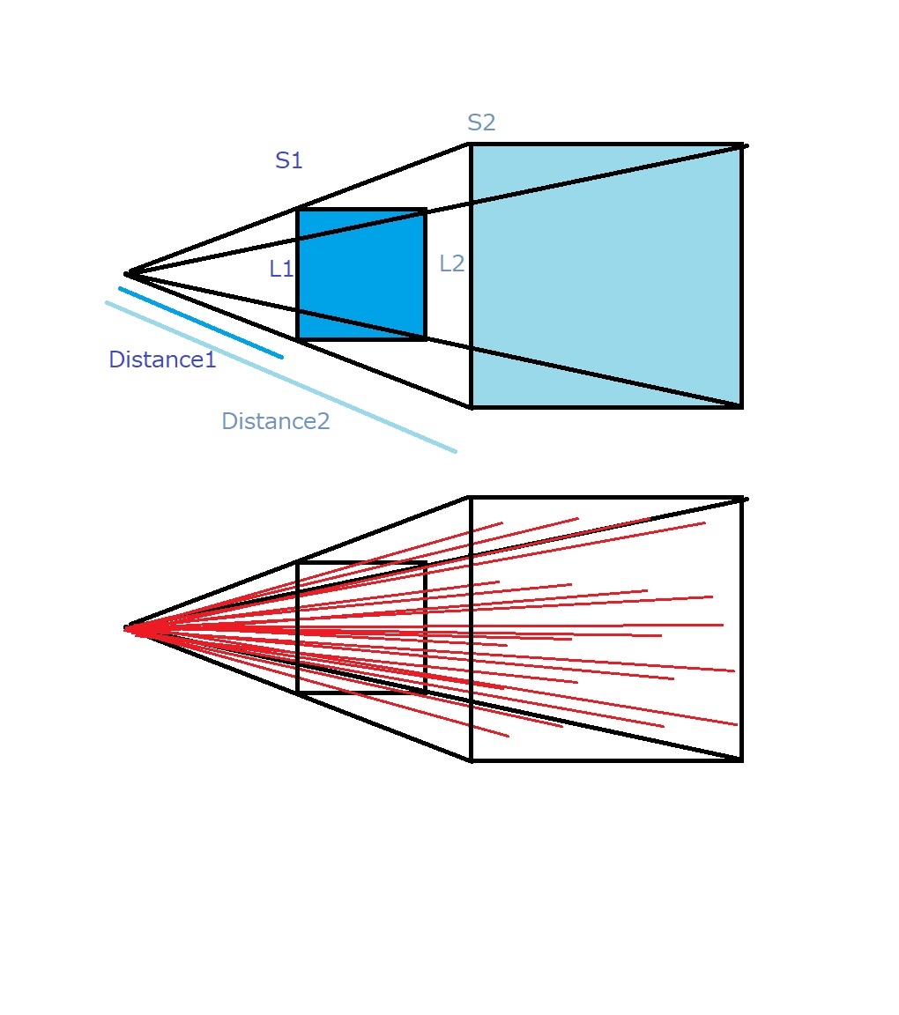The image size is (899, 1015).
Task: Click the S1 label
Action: tap(289, 159)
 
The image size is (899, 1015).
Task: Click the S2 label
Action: tap(481, 122)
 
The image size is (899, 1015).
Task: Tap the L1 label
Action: tap(281, 269)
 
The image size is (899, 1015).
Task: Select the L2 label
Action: tap(452, 263)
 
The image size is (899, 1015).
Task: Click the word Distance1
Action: tap(162, 359)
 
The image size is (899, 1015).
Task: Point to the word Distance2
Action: tap(276, 421)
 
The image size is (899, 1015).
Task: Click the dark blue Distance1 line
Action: tap(201, 322)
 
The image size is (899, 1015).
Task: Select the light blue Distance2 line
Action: tap(281, 377)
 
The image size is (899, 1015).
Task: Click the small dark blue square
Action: tap(361, 274)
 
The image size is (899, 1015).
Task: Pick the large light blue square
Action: tap(606, 276)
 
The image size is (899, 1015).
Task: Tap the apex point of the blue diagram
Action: tap(127, 274)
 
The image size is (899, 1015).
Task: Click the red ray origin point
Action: tap(127, 628)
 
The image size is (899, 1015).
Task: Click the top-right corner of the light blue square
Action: tap(742, 145)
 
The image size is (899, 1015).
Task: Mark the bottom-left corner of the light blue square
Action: tap(471, 408)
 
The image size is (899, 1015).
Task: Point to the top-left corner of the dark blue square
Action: tap(297, 209)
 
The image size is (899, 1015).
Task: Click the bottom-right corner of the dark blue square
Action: tap(426, 338)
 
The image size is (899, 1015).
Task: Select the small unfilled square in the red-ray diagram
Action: tap(297, 628)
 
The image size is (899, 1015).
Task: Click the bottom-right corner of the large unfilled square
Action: tap(742, 760)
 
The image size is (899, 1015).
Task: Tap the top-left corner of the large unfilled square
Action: tap(471, 498)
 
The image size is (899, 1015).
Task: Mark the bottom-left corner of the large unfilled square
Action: tap(471, 760)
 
